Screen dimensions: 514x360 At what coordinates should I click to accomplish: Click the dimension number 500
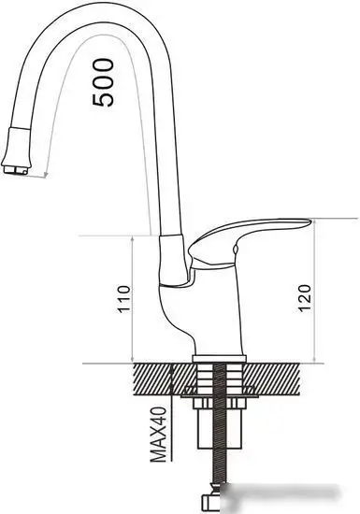pos(106,82)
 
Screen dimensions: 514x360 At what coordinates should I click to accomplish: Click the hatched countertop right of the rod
pos(281,378)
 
